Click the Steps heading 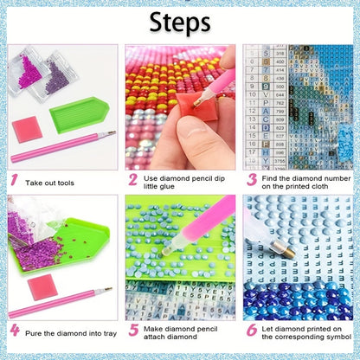pyautogui.click(x=180, y=22)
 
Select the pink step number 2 pyautogui.click(x=133, y=180)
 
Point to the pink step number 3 pyautogui.click(x=252, y=180)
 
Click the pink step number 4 pyautogui.click(x=15, y=331)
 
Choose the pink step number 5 pyautogui.click(x=133, y=331)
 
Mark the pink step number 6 pyautogui.click(x=252, y=331)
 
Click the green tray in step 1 pyautogui.click(x=79, y=114)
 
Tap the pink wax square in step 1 pyautogui.click(x=27, y=129)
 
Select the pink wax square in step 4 pyautogui.click(x=42, y=286)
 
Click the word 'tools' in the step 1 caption pyautogui.click(x=66, y=183)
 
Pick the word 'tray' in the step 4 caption pyautogui.click(x=110, y=334)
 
